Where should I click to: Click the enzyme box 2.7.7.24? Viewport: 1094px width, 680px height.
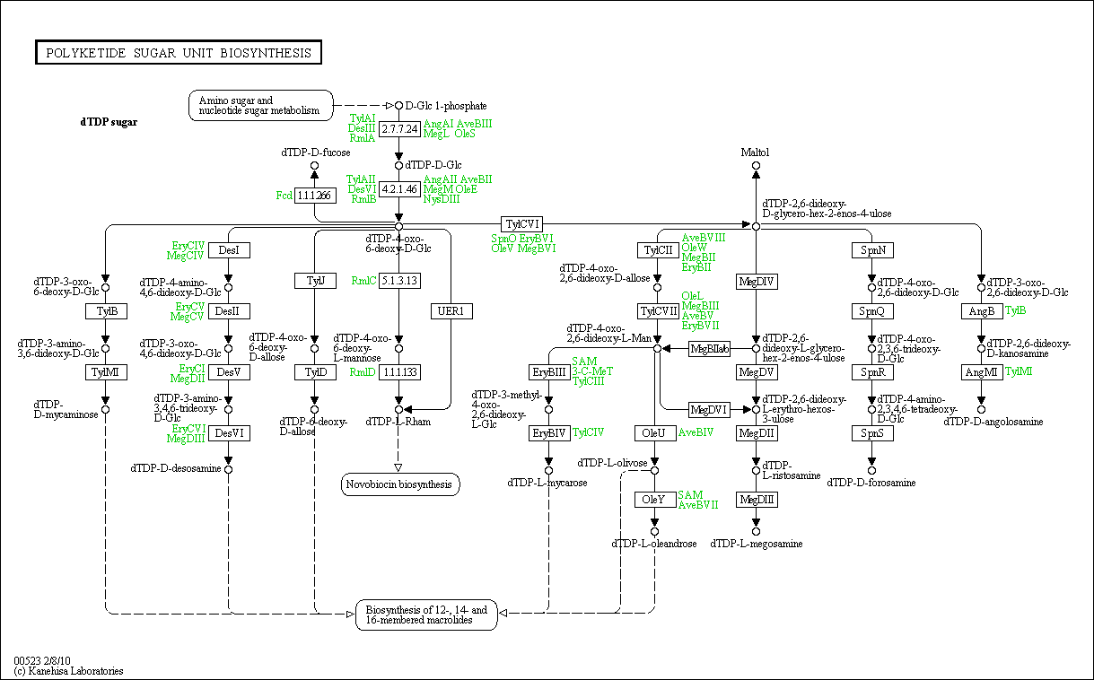399,129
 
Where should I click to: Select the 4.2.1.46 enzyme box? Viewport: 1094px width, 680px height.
399,189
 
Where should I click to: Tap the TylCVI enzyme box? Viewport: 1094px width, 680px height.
521,224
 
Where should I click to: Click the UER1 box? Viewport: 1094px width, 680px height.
451,311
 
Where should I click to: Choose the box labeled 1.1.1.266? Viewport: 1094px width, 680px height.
315,196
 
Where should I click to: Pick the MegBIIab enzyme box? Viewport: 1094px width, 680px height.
709,349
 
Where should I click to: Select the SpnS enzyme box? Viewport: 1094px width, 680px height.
872,433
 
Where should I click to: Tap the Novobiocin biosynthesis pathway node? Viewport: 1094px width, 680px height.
400,484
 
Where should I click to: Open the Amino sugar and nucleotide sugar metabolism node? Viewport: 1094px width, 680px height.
261,106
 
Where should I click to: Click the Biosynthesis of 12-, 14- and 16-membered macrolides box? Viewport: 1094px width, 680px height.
426,615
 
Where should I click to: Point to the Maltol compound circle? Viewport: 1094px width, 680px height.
756,165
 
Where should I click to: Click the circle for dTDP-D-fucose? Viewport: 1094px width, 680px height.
314,165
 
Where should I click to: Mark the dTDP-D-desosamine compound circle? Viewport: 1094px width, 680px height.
228,469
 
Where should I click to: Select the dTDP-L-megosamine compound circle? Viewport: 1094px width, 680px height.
756,532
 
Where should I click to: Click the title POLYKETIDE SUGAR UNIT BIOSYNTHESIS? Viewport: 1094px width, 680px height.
179,53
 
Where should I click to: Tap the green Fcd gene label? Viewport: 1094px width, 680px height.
284,196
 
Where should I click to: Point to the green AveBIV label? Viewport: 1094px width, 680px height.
696,432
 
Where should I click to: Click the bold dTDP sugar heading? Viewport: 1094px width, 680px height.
109,122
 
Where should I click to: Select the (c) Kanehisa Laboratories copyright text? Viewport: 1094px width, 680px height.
68,671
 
